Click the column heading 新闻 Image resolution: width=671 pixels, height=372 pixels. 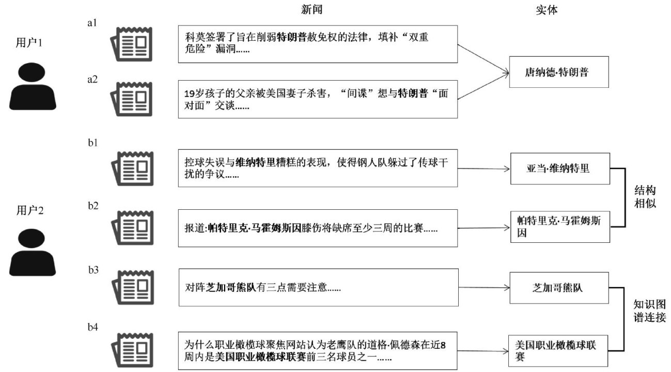point(311,10)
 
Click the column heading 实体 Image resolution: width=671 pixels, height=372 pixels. point(547,10)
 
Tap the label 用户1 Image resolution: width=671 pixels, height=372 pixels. point(29,42)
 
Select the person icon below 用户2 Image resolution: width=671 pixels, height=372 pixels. point(33,252)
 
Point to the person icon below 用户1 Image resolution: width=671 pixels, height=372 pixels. point(33,86)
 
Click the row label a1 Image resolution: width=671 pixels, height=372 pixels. point(92,23)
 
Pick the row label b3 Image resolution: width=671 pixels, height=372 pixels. point(93,270)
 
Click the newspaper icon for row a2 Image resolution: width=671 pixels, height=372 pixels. point(132,99)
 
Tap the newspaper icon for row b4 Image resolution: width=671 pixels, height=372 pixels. point(132,350)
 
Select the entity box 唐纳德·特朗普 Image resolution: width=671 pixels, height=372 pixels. point(559,72)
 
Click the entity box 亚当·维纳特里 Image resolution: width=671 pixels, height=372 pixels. point(560,168)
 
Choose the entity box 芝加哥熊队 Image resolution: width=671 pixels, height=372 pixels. point(559,288)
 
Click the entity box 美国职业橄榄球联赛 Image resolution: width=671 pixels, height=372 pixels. point(558,351)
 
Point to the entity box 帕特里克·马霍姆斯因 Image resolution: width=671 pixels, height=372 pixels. point(560,227)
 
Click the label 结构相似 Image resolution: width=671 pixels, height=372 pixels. point(645,197)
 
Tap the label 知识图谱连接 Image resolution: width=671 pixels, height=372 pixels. point(649,311)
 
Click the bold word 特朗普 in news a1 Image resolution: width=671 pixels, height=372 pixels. point(291,37)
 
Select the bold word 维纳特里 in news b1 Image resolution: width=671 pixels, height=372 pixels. point(255,162)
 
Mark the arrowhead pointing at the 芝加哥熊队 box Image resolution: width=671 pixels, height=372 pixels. point(507,288)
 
